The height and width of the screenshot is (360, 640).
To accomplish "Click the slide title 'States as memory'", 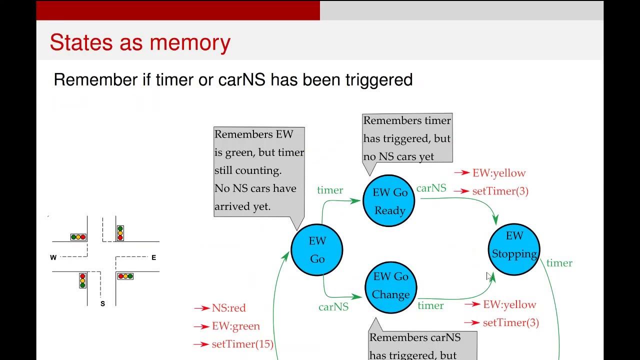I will [140, 43].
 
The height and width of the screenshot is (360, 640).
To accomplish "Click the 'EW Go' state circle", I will [317, 250].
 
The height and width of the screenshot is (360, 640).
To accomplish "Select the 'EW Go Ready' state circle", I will [390, 201].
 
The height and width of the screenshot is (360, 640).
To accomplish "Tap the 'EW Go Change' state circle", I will [390, 286].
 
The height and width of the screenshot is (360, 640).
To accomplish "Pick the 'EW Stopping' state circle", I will [514, 249].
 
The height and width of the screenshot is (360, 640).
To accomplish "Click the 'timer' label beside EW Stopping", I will [559, 263].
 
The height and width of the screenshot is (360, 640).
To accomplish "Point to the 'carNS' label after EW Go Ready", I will [431, 188].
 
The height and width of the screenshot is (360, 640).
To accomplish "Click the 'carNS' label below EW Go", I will [333, 307].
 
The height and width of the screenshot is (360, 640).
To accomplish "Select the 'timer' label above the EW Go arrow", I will [330, 190].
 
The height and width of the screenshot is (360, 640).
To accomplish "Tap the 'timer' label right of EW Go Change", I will [430, 305].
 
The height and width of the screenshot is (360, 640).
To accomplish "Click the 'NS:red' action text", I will [228, 308].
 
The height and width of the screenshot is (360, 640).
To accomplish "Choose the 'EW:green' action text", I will [235, 326].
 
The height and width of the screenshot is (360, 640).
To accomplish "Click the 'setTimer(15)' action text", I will [242, 344].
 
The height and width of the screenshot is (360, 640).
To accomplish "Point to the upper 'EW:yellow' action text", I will [498, 173].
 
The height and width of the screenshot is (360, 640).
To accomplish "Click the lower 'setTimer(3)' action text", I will [510, 322].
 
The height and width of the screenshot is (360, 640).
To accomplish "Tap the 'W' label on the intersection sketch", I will [53, 257].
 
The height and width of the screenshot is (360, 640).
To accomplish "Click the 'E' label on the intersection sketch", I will [153, 257].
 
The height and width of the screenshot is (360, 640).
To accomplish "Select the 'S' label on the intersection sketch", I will [102, 303].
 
